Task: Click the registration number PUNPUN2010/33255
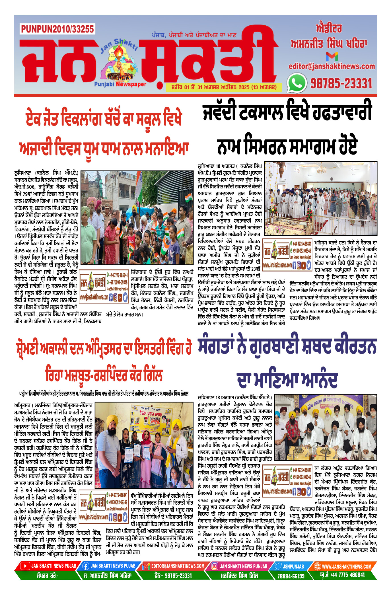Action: pos(57,29)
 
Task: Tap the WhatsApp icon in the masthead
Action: pos(297,83)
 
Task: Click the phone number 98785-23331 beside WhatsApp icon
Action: pos(341,83)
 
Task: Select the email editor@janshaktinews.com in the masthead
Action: pos(332,66)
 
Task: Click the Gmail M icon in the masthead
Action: pos(332,56)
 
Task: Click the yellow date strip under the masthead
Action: pos(224,87)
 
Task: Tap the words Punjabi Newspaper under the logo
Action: pos(120,84)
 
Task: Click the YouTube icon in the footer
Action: pos(25,566)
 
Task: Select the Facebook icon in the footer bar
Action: pos(85,566)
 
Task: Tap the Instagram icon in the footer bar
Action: pos(215,566)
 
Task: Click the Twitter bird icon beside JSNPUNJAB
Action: pos(278,566)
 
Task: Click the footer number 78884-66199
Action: pos(291,576)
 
